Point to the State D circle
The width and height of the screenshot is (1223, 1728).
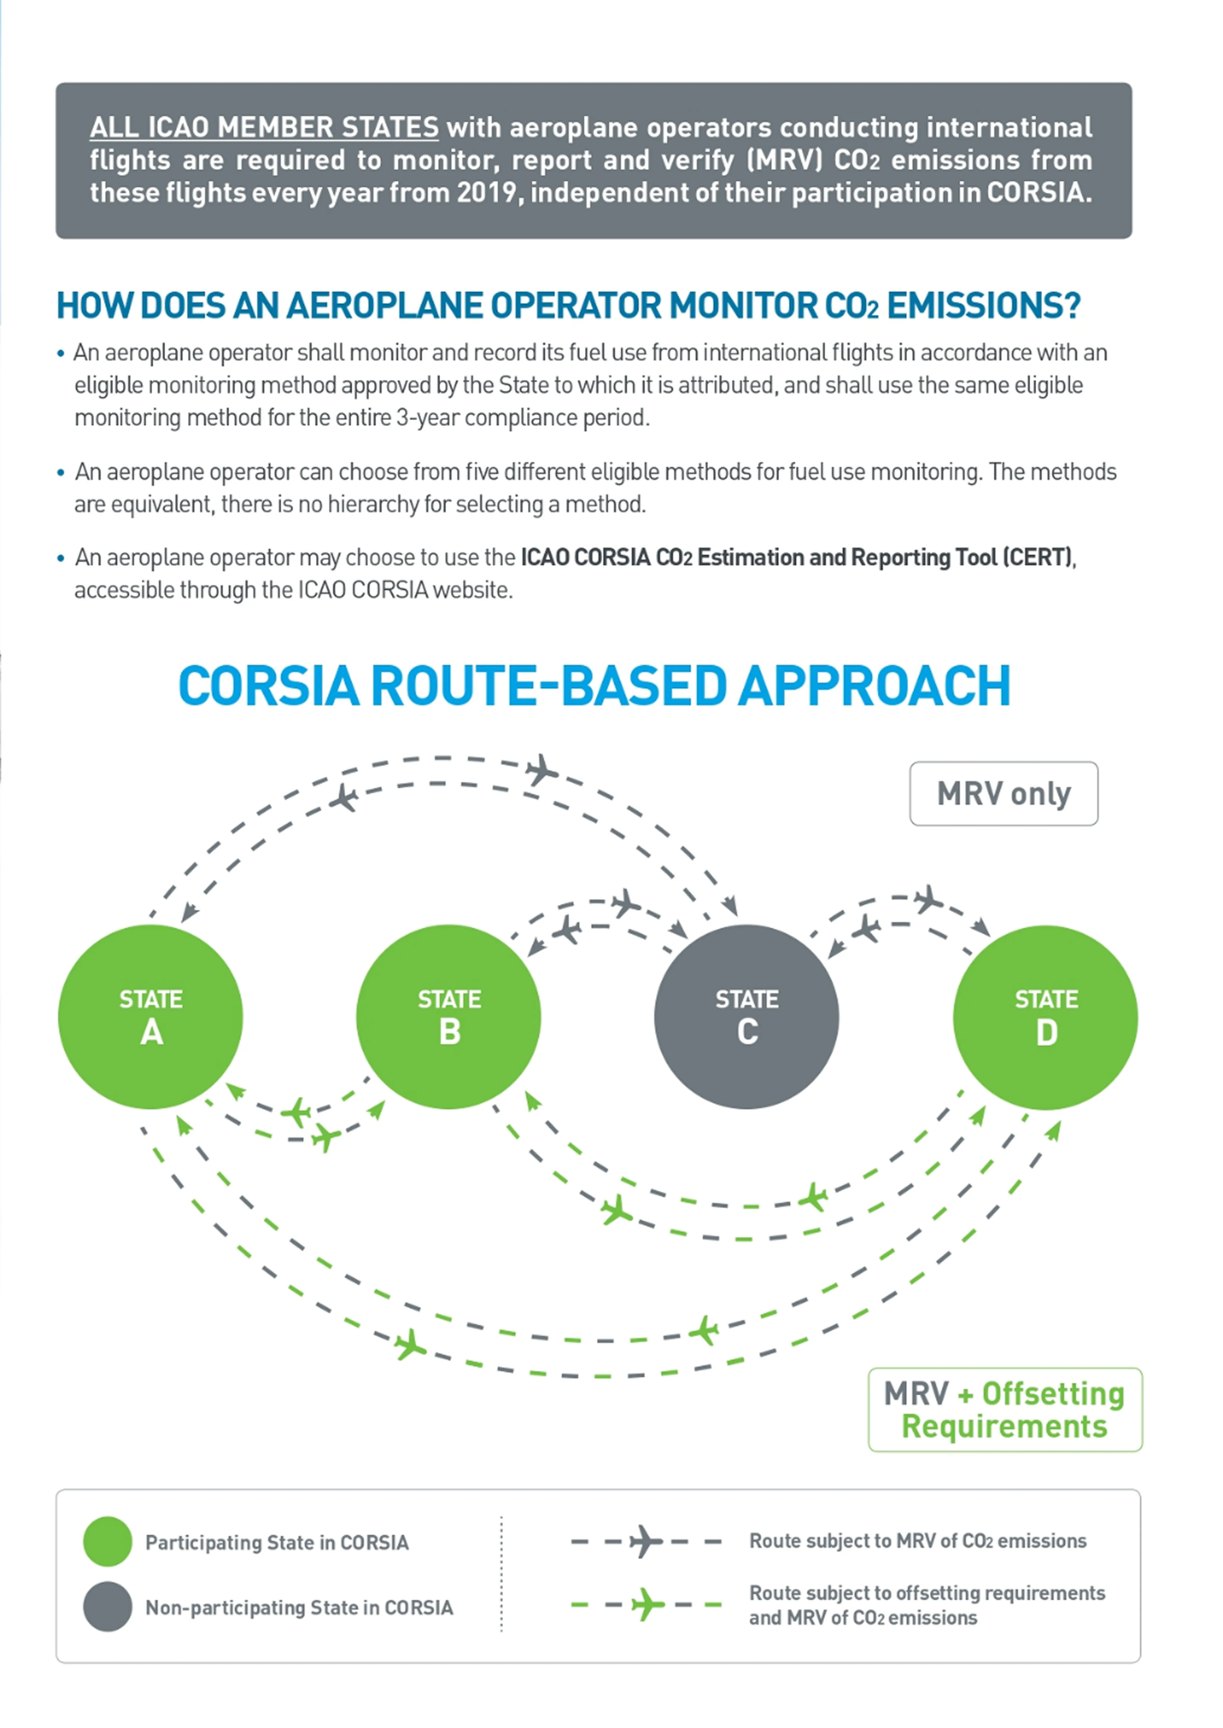pos(1045,1017)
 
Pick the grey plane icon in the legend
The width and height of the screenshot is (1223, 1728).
pos(645,1541)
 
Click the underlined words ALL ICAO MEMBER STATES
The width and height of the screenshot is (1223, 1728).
pos(264,127)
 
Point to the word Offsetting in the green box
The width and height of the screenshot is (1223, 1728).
pos(1053,1394)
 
